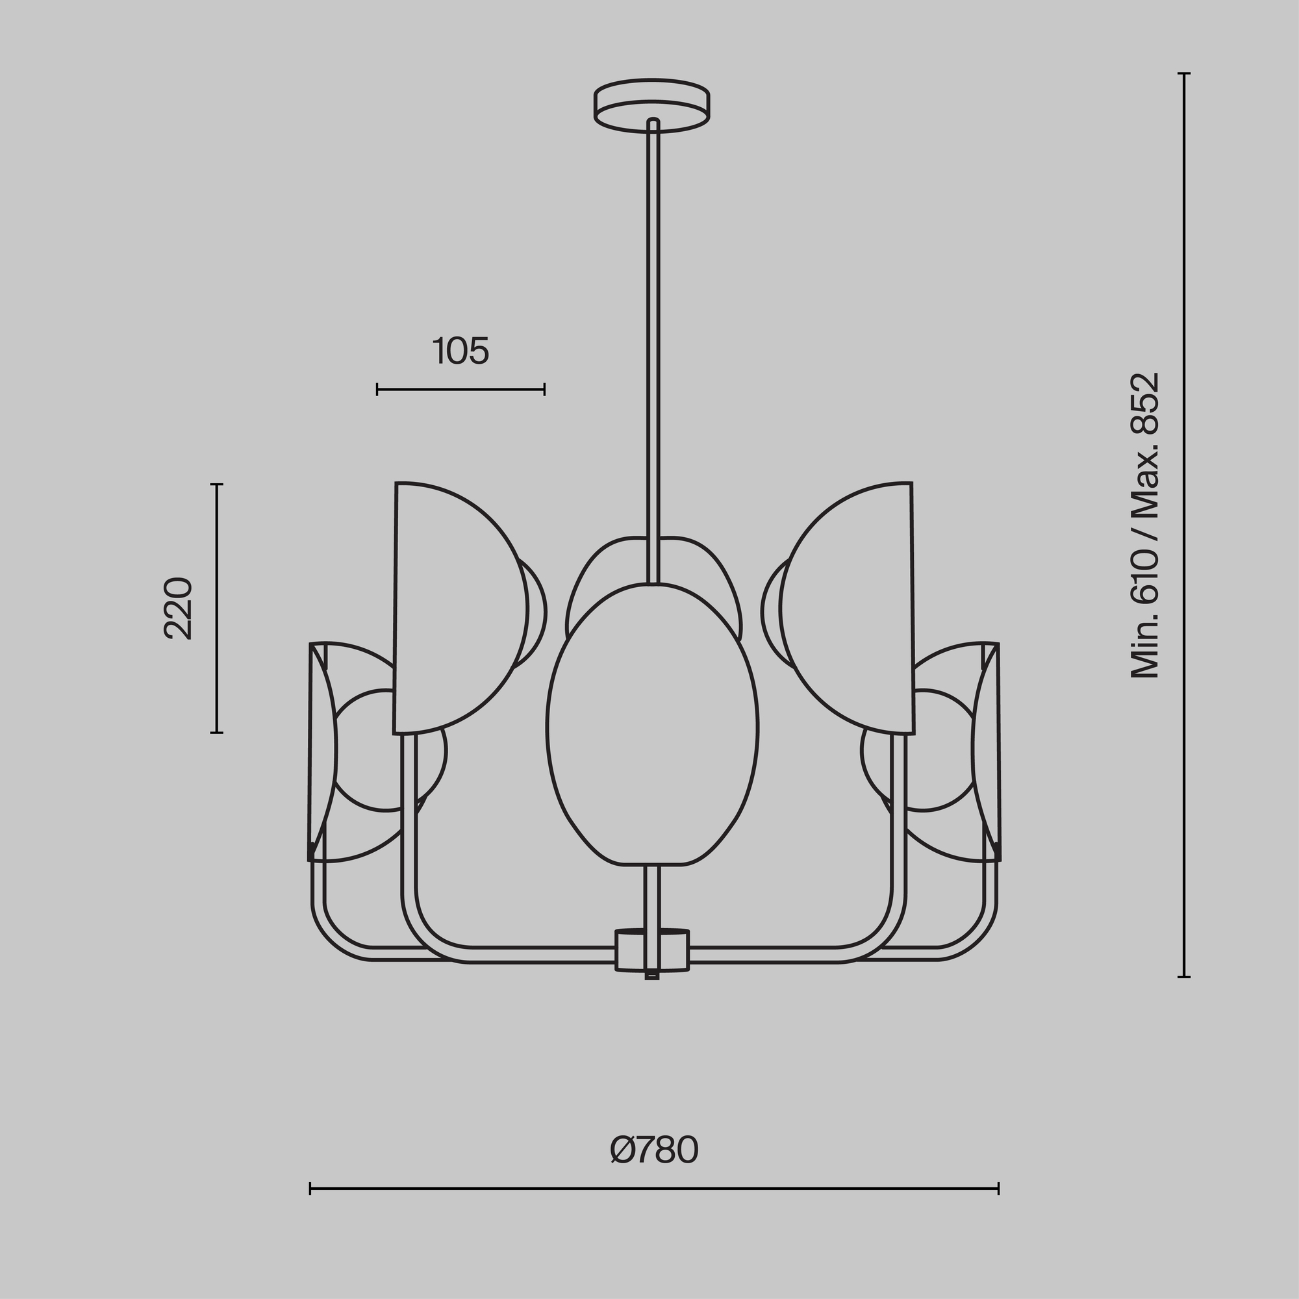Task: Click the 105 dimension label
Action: [x=460, y=351]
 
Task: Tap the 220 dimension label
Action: [x=179, y=608]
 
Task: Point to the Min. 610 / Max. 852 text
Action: [x=1145, y=526]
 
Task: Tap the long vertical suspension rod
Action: [x=652, y=349]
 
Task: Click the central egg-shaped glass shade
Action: [x=652, y=723]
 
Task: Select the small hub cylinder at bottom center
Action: [x=652, y=950]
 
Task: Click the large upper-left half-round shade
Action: [x=457, y=609]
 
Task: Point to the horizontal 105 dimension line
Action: [x=460, y=388]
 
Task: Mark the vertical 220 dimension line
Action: [x=216, y=609]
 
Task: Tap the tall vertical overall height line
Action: [x=1184, y=524]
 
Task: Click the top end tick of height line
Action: [x=1184, y=73]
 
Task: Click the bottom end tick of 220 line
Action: [x=216, y=733]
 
